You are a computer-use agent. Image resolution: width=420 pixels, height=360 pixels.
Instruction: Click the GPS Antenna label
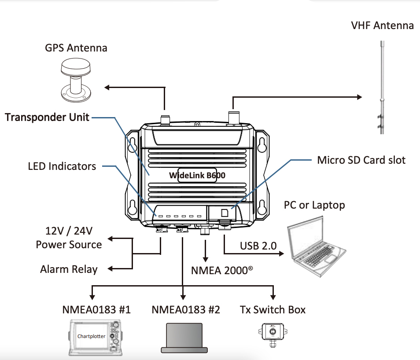click(76, 48)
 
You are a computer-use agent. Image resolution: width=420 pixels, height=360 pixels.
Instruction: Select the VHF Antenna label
click(382, 26)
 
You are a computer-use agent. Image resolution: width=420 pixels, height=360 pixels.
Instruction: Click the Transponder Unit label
click(47, 117)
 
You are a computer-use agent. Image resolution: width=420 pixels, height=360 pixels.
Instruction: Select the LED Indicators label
click(62, 166)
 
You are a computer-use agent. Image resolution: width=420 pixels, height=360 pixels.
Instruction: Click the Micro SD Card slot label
click(361, 160)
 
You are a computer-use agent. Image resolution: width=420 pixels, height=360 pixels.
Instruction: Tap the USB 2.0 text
click(258, 246)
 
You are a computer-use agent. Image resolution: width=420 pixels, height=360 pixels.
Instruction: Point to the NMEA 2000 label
click(222, 270)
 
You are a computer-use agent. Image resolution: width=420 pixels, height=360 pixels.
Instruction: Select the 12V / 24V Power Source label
click(69, 238)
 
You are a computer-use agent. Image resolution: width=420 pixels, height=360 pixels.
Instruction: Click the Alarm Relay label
click(69, 269)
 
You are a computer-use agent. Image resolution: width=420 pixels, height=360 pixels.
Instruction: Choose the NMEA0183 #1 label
click(96, 310)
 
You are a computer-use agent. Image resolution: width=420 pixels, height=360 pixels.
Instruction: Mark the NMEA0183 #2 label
click(185, 310)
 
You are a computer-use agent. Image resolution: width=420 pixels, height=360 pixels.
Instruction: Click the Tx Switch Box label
click(273, 310)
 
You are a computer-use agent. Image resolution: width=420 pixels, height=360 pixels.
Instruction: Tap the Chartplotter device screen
click(92, 337)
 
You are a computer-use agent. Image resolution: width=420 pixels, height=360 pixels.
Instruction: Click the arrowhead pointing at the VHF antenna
click(359, 96)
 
